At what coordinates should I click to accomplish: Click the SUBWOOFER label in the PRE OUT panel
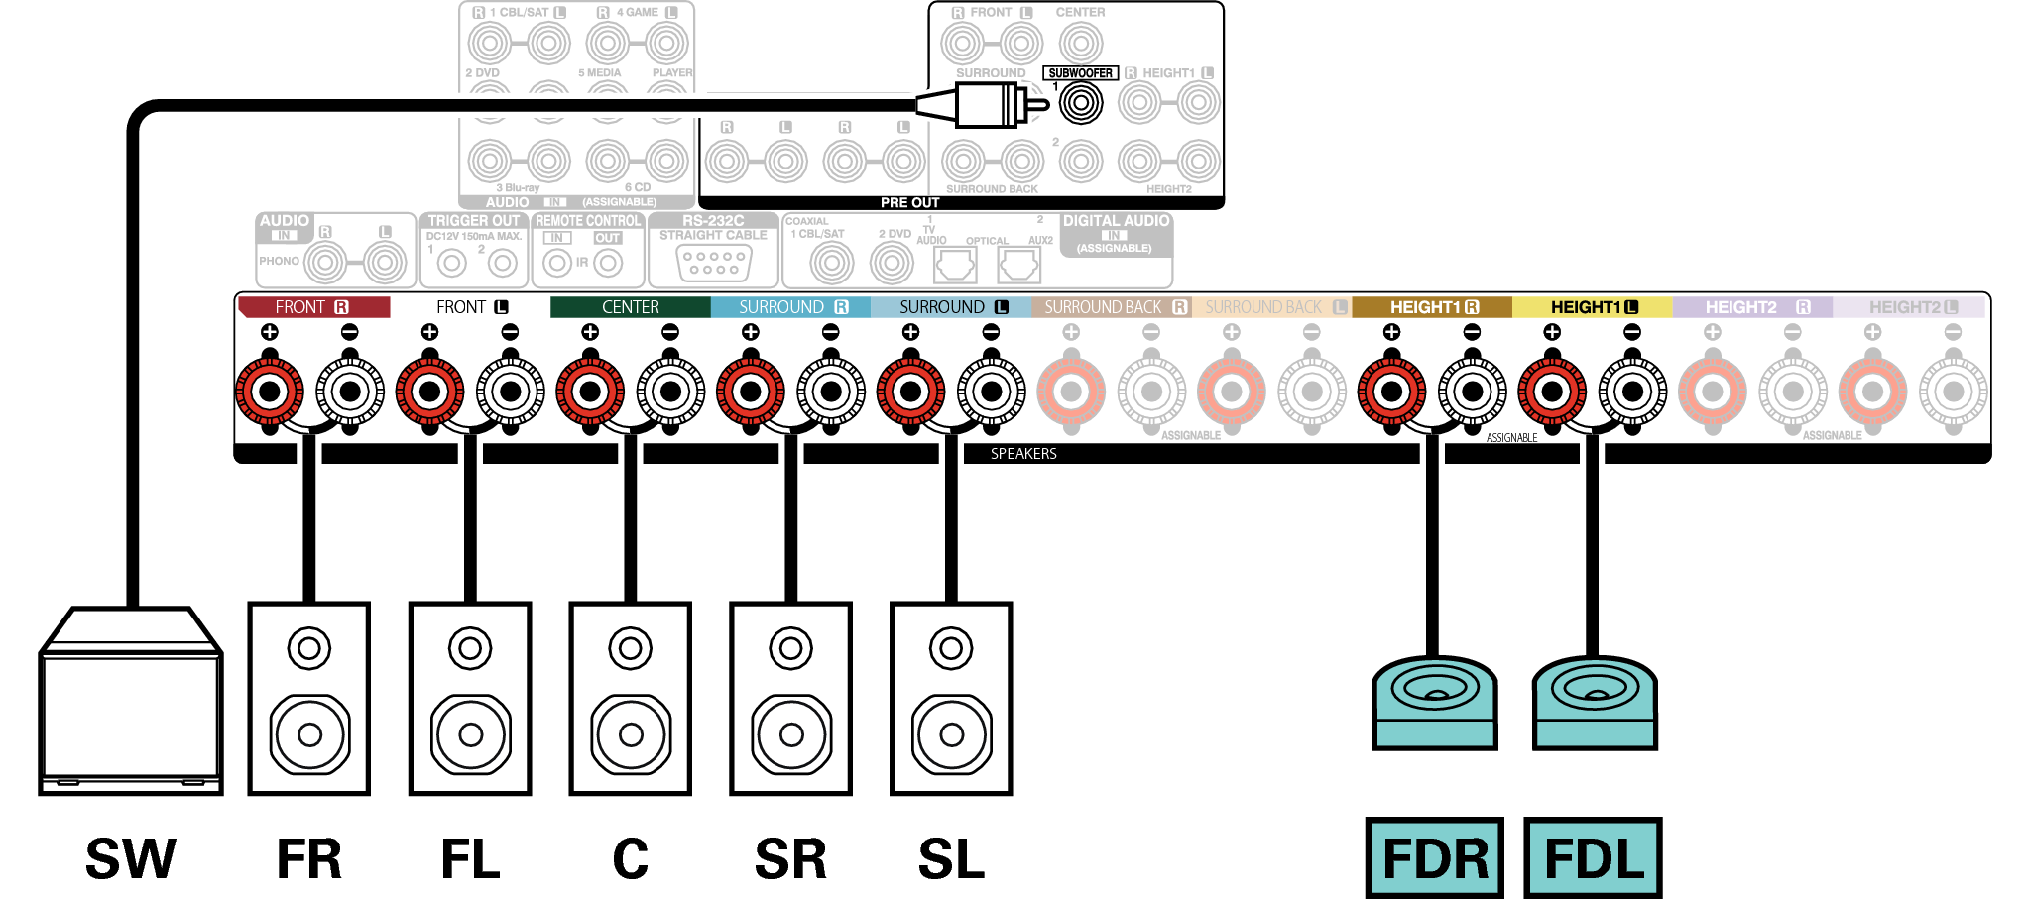[1080, 73]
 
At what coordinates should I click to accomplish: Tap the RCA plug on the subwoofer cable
[987, 104]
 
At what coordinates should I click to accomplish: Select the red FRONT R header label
[313, 307]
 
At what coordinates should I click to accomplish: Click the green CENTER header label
[630, 307]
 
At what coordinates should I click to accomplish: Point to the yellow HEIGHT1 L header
[1592, 307]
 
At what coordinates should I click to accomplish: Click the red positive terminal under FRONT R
[269, 392]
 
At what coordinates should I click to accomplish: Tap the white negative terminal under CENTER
[670, 392]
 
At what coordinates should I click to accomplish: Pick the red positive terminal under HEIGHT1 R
[1391, 392]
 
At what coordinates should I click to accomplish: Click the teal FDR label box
[1434, 858]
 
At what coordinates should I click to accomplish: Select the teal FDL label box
[1593, 858]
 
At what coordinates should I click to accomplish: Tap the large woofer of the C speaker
[631, 734]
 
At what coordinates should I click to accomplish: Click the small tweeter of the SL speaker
[951, 649]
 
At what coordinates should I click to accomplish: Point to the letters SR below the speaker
[790, 859]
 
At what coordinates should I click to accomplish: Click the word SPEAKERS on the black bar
[1023, 454]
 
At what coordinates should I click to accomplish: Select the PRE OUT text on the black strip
[909, 202]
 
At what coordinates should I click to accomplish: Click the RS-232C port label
[713, 221]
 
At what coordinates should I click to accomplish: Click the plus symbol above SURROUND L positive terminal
[910, 332]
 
